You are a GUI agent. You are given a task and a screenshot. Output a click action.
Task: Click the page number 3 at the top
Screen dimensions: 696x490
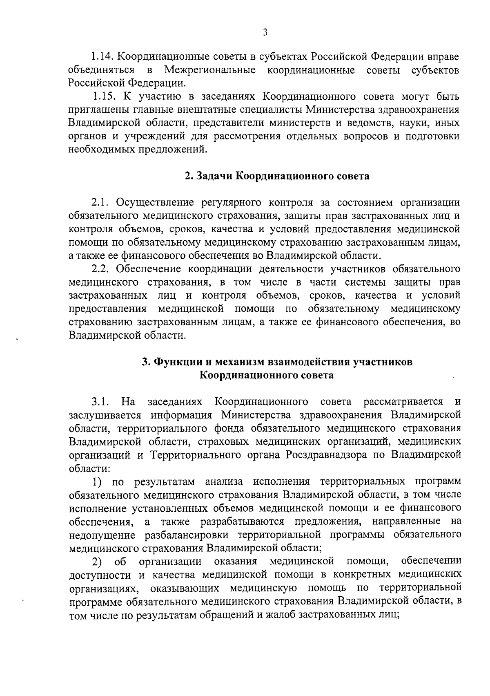click(265, 33)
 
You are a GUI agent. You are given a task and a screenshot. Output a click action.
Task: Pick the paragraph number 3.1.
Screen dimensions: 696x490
click(100, 402)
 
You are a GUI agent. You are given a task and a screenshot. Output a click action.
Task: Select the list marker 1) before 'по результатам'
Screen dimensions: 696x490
click(97, 482)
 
